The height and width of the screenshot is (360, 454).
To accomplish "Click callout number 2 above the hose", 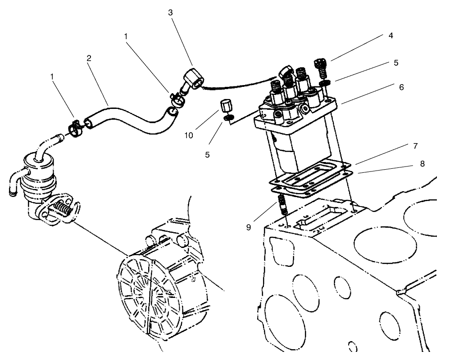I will [x=89, y=59].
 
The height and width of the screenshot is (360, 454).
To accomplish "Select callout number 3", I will [x=170, y=13].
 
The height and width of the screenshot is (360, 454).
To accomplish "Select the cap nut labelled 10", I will [x=226, y=108].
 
